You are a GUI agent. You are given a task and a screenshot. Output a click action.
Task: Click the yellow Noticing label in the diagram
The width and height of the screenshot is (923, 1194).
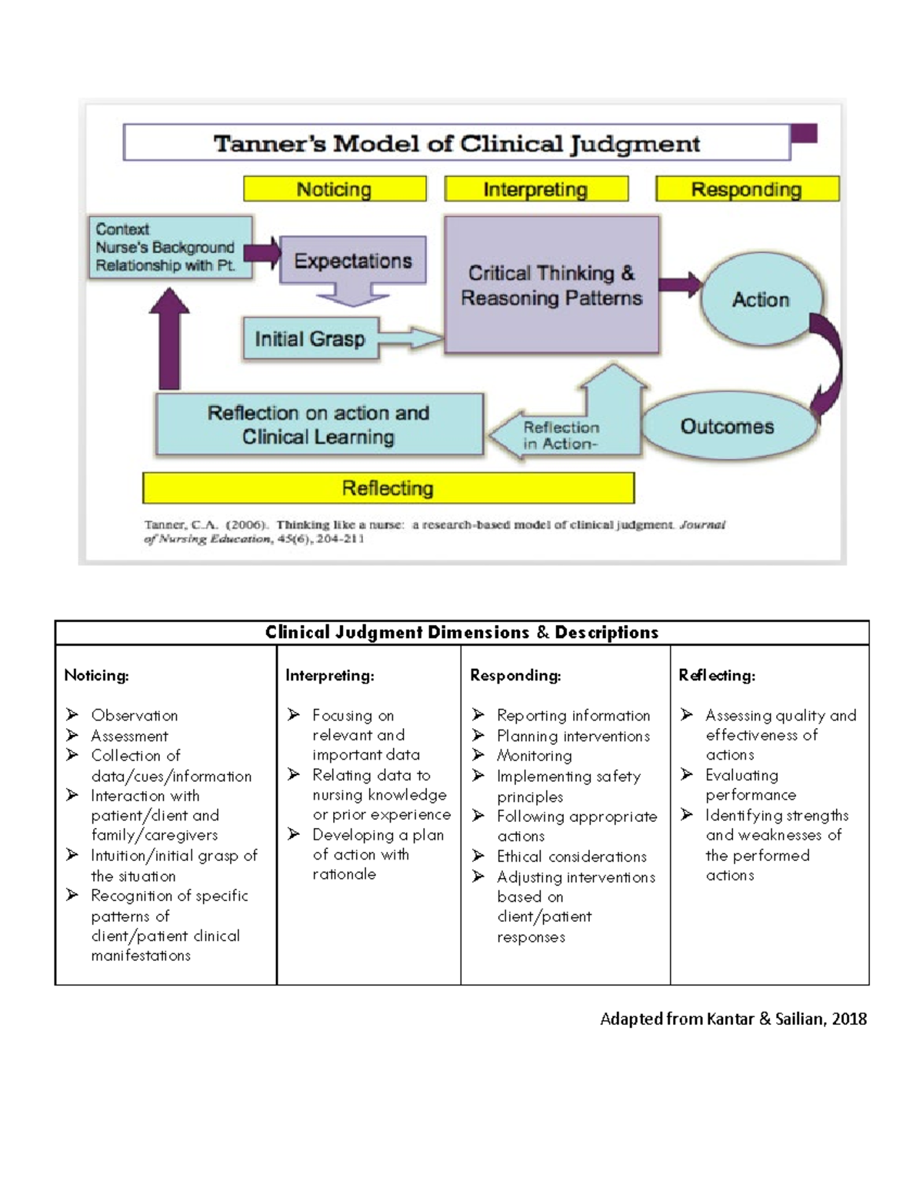point(335,189)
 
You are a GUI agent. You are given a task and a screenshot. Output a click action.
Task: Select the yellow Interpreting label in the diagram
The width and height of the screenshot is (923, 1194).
point(536,189)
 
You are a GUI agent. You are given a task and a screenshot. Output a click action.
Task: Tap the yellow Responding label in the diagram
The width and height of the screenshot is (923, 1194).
point(746,189)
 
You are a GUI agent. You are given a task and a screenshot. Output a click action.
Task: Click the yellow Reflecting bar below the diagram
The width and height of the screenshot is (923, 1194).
point(388,488)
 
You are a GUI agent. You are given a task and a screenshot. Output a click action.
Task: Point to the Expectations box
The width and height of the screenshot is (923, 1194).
point(353,261)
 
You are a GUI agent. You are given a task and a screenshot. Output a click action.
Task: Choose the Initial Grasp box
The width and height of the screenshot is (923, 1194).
point(310,339)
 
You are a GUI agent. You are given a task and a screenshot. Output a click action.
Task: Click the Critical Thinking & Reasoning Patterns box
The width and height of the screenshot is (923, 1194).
point(551,285)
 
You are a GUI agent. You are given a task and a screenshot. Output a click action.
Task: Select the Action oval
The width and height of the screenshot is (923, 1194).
point(761,299)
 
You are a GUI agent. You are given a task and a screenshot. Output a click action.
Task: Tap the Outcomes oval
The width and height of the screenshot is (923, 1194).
point(727,427)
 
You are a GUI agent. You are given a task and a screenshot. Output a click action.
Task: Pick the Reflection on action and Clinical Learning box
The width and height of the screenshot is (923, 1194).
point(318,425)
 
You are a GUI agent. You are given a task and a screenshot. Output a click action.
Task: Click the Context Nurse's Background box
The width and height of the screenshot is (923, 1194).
point(169,247)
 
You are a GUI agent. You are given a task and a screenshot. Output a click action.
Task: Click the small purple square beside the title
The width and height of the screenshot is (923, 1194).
point(804,134)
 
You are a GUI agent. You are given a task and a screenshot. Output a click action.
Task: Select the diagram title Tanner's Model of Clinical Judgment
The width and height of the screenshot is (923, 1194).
point(457,144)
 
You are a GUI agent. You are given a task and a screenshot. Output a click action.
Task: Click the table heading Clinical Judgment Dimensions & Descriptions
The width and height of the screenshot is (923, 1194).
point(461,633)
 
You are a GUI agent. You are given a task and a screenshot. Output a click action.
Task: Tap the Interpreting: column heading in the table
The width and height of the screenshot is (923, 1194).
point(330,676)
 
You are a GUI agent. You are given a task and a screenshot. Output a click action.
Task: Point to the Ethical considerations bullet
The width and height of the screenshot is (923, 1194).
point(571,856)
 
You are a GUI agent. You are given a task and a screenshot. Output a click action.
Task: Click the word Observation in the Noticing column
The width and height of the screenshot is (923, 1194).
point(135,716)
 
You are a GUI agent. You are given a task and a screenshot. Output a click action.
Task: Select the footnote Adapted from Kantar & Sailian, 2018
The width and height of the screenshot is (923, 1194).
point(733,1019)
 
